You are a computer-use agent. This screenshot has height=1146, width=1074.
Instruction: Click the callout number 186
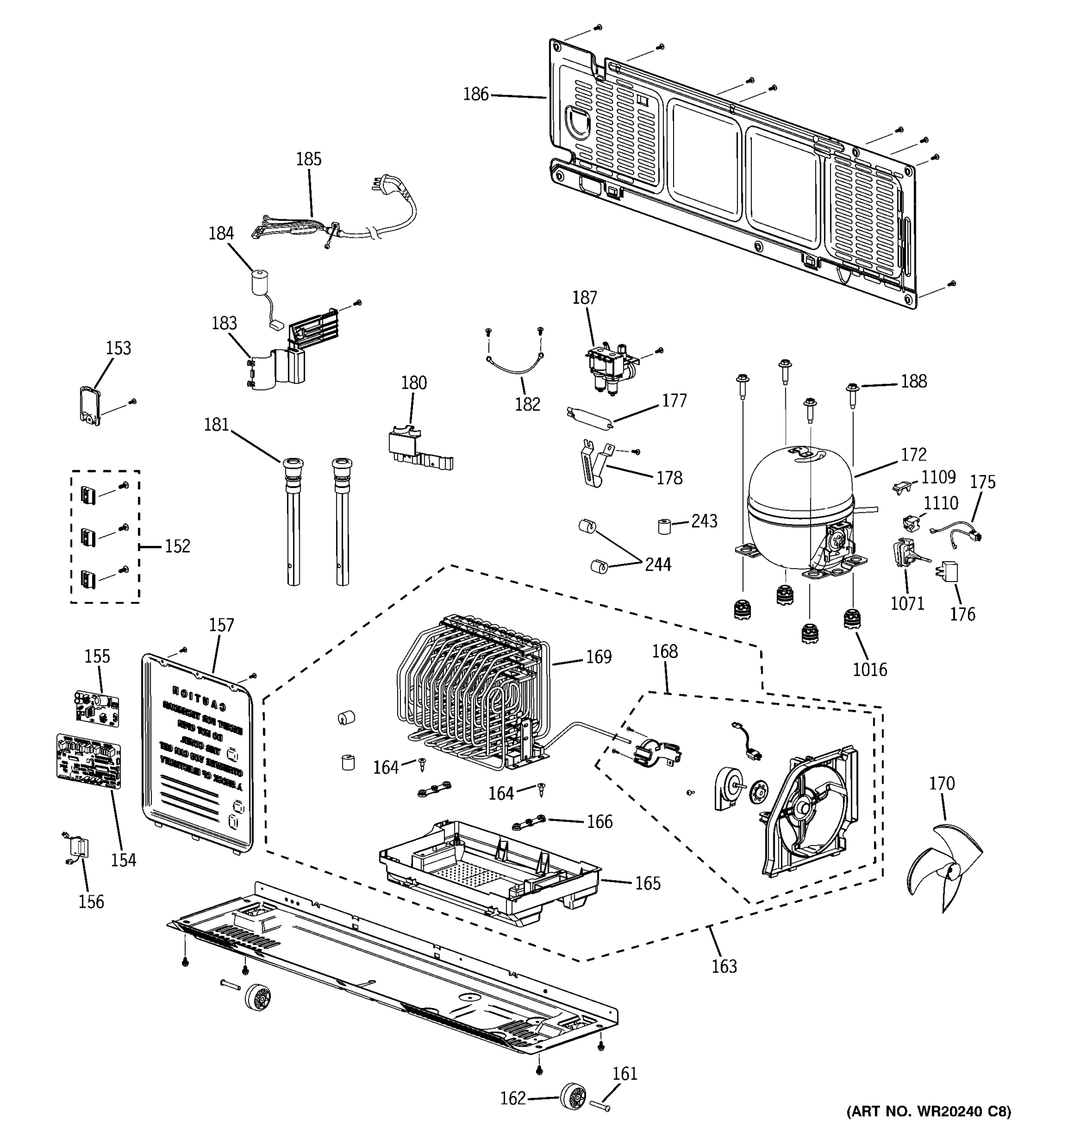point(475,94)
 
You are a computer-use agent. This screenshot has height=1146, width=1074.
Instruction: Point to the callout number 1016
point(869,669)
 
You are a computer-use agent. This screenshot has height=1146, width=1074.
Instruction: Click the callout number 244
point(657,564)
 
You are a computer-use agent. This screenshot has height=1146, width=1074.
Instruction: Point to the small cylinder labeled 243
point(665,526)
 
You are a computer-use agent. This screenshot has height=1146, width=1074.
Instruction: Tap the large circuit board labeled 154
point(89,762)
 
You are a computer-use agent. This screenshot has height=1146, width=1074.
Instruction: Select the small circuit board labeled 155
point(97,708)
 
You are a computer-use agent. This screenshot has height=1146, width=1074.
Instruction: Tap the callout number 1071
point(907,604)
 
